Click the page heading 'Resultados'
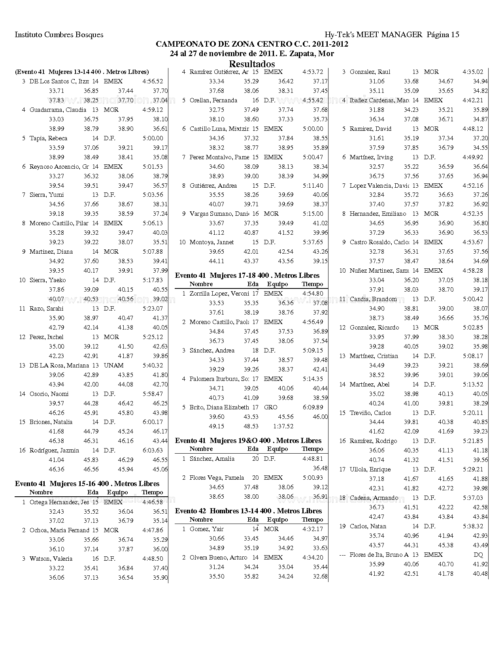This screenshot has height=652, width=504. pos(252,64)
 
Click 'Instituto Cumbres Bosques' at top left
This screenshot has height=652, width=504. pos(59,35)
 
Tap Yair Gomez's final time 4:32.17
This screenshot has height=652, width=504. pos(312,529)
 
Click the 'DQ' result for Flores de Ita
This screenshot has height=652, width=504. pos(478,555)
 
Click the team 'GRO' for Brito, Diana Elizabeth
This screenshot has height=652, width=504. pos(270,407)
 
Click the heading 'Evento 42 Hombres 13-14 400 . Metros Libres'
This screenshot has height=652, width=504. pos(248,511)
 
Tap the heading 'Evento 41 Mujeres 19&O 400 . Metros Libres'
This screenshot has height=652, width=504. pos(248,441)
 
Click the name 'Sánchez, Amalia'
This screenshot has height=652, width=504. pos(212,459)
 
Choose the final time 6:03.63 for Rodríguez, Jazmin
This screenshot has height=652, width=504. pos(153,450)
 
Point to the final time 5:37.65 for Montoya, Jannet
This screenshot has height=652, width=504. pos(313,242)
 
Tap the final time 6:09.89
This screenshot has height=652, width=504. pos(313,407)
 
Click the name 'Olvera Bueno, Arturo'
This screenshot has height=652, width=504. pos(218,558)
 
